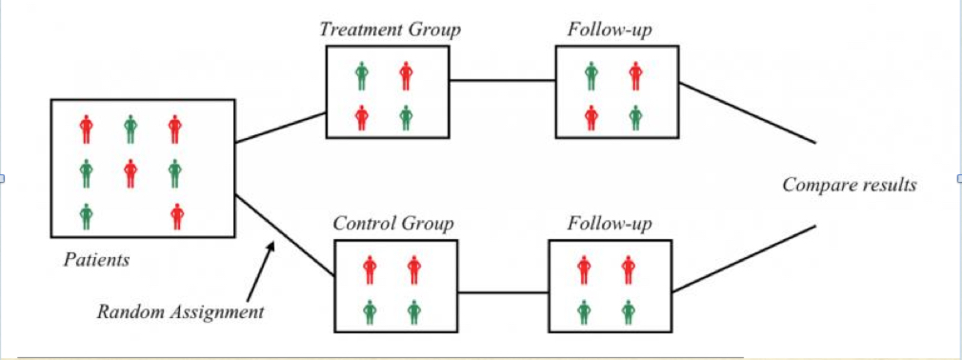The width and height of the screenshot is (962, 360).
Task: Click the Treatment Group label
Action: click(390, 30)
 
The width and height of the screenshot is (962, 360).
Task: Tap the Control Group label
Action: click(392, 224)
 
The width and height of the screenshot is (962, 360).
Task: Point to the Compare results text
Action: click(849, 185)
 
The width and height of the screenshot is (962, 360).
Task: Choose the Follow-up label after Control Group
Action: click(610, 224)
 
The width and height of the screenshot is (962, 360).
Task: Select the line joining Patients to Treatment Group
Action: click(281, 128)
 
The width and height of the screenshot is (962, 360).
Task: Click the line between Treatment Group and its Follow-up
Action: click(502, 81)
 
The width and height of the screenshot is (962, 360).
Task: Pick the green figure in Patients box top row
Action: click(130, 128)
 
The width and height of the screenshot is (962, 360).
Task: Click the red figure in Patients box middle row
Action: click(130, 172)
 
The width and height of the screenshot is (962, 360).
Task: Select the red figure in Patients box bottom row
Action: click(176, 216)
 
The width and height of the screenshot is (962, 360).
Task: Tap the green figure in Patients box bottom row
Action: click(87, 216)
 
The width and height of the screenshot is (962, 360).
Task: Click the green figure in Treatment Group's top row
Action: click(362, 74)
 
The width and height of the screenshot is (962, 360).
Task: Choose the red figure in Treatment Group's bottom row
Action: click(362, 117)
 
